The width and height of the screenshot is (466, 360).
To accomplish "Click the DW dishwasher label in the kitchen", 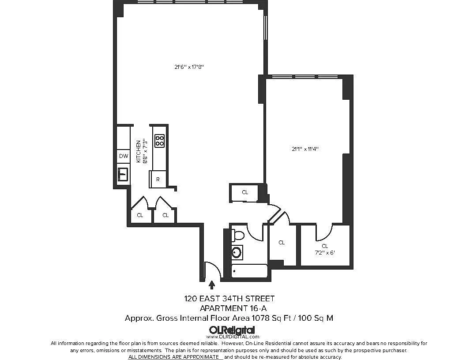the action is [x=124, y=156].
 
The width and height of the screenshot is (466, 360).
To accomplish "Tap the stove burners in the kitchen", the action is [x=160, y=141].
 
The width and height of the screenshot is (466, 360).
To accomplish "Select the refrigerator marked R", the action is [x=158, y=180].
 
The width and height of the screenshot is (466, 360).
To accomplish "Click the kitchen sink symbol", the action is [x=123, y=174].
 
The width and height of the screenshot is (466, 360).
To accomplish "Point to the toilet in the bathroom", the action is [x=238, y=236].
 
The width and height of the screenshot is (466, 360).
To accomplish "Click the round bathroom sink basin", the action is [x=237, y=252].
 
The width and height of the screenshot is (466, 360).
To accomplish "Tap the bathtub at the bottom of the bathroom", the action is [x=249, y=271].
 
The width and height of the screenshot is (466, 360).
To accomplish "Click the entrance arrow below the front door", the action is [x=212, y=285].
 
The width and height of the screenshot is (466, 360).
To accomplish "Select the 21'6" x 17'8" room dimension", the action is [x=189, y=67].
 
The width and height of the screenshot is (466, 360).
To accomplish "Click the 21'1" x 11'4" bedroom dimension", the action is [x=305, y=149].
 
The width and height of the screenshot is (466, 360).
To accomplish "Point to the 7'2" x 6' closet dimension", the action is [x=325, y=253].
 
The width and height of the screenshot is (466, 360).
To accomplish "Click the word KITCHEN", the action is [x=139, y=151].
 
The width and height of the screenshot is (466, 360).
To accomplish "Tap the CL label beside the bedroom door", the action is [x=282, y=242].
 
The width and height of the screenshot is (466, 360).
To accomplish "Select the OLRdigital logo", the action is [x=232, y=330].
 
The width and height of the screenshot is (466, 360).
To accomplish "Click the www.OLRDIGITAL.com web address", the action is [x=233, y=337].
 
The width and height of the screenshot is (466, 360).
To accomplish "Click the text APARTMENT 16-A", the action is [x=233, y=308].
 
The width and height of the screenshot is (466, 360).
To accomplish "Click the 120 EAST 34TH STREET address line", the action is [x=229, y=299].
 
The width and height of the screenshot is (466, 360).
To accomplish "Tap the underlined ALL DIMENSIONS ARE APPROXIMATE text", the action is [x=173, y=357].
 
